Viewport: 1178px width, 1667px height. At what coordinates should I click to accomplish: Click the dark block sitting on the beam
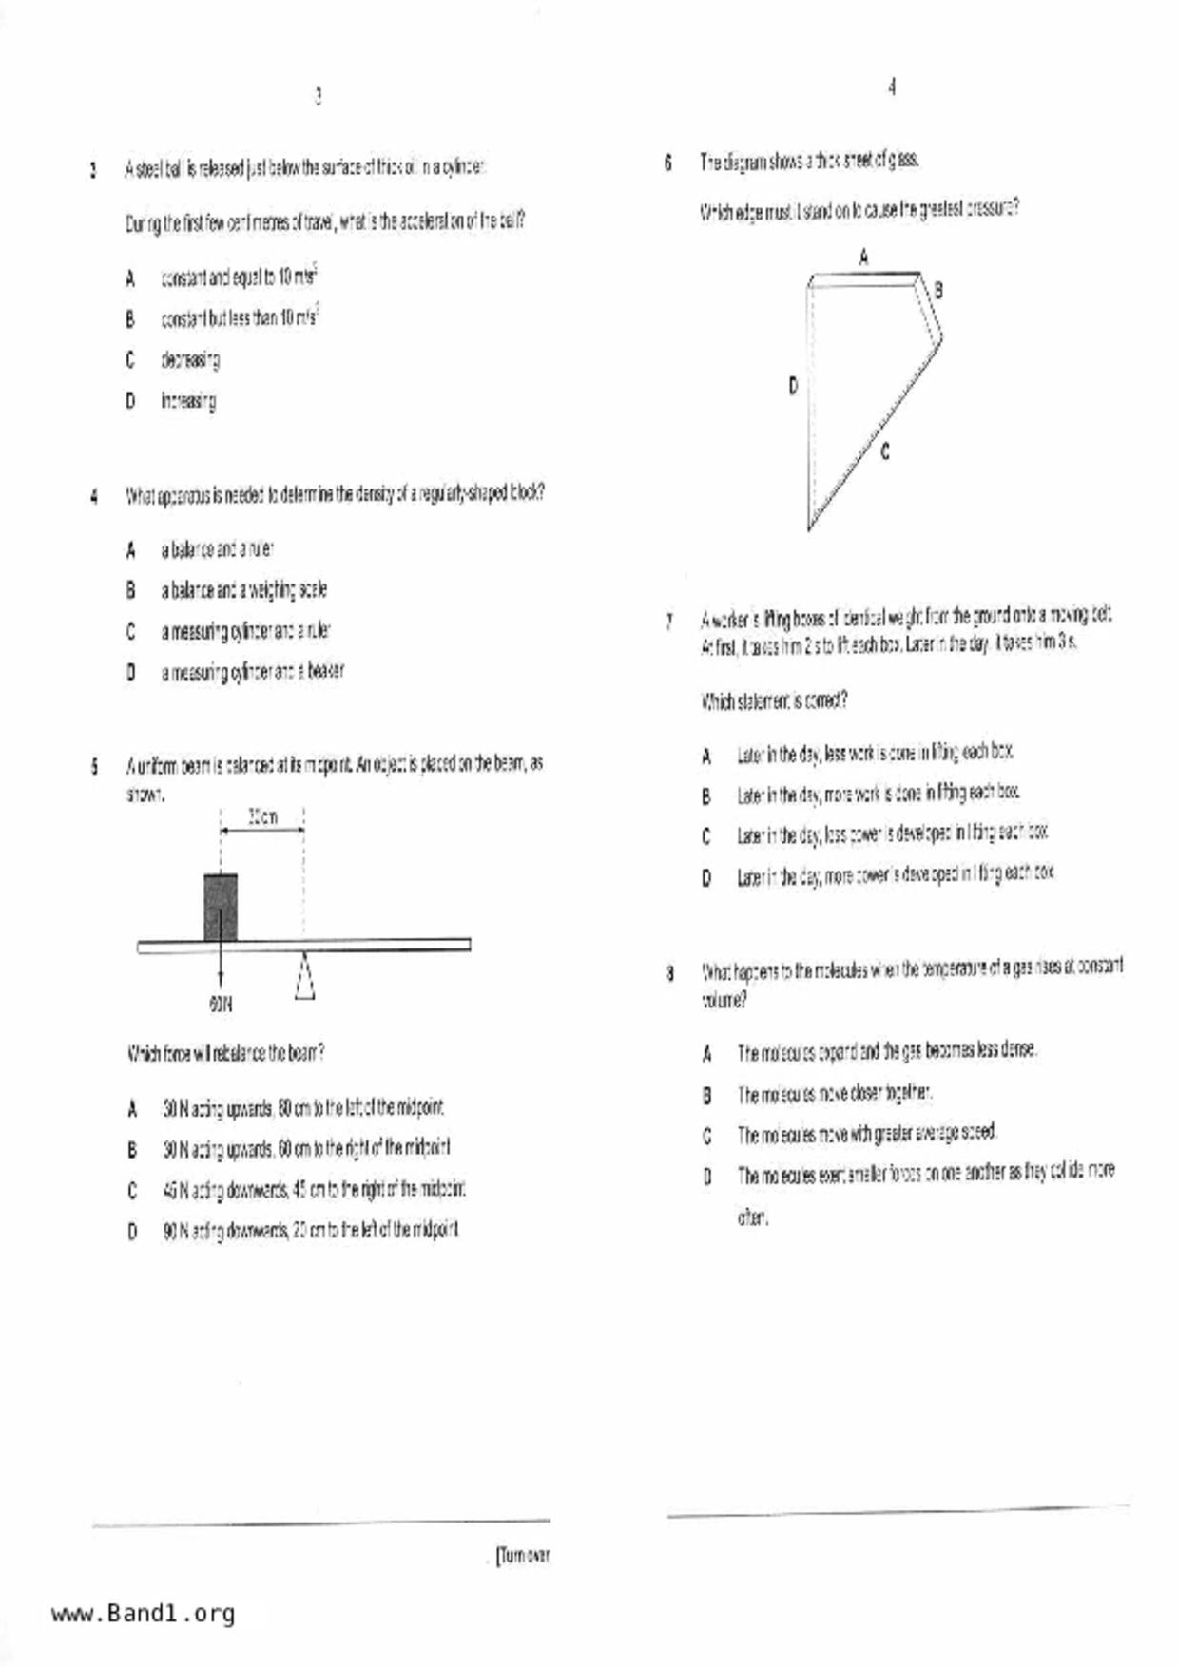[x=221, y=907]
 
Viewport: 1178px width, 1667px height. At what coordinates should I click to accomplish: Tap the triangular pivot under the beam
[x=304, y=975]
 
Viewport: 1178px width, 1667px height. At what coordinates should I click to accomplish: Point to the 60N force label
[x=221, y=1004]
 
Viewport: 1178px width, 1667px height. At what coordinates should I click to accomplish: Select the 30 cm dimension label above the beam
[x=262, y=816]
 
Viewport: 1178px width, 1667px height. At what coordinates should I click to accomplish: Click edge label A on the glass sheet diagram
[x=863, y=256]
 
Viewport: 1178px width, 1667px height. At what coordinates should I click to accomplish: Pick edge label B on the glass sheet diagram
[x=938, y=290]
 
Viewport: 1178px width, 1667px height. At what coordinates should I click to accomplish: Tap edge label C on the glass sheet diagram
[x=885, y=452]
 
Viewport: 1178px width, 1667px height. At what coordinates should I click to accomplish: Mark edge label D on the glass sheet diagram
[x=793, y=386]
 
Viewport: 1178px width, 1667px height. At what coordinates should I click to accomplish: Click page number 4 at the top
[x=892, y=87]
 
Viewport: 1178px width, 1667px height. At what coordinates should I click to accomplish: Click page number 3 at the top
[x=318, y=96]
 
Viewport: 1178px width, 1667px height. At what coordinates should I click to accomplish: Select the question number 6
[x=668, y=163]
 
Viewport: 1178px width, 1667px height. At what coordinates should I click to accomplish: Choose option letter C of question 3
[x=130, y=359]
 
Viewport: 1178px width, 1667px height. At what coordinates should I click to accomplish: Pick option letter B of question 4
[x=130, y=590]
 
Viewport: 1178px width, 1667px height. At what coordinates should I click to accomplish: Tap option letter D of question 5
[x=132, y=1232]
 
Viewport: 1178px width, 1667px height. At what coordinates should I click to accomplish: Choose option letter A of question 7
[x=706, y=757]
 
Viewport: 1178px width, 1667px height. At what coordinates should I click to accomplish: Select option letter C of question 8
[x=706, y=1135]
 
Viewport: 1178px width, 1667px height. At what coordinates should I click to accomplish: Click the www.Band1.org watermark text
[x=143, y=1613]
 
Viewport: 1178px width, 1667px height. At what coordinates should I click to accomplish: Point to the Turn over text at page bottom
[x=523, y=1556]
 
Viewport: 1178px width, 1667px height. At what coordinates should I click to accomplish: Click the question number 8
[x=670, y=972]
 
